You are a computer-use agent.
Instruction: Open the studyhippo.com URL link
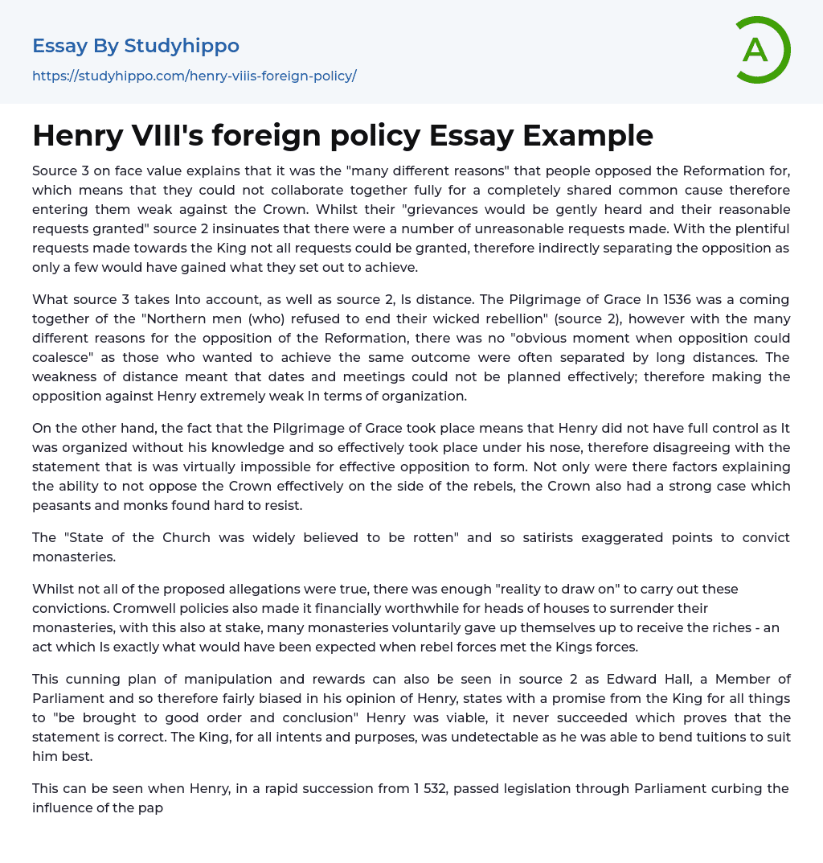coord(194,76)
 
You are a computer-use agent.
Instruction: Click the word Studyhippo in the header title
coord(182,46)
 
